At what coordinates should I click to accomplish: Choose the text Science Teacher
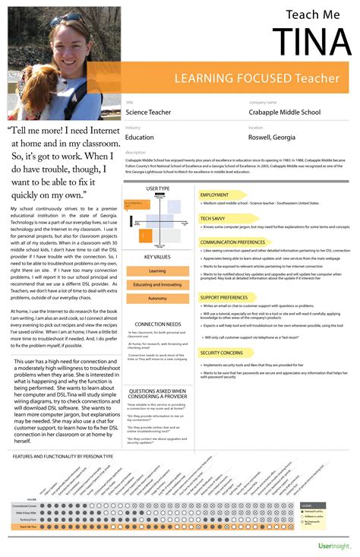point(147,112)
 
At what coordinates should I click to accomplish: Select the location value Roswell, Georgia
point(273,138)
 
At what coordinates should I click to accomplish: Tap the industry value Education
point(139,138)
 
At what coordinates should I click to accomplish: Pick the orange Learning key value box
point(157,271)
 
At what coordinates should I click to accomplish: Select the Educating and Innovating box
point(157,284)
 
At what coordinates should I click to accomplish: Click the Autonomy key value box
point(157,298)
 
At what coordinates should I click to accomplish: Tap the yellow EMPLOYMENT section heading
point(214,195)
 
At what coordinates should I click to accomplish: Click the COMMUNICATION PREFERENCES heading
point(232,242)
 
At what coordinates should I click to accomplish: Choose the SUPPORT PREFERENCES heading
point(223,297)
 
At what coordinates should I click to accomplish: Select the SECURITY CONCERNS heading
point(222,353)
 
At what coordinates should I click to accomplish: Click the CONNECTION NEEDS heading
point(157,324)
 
